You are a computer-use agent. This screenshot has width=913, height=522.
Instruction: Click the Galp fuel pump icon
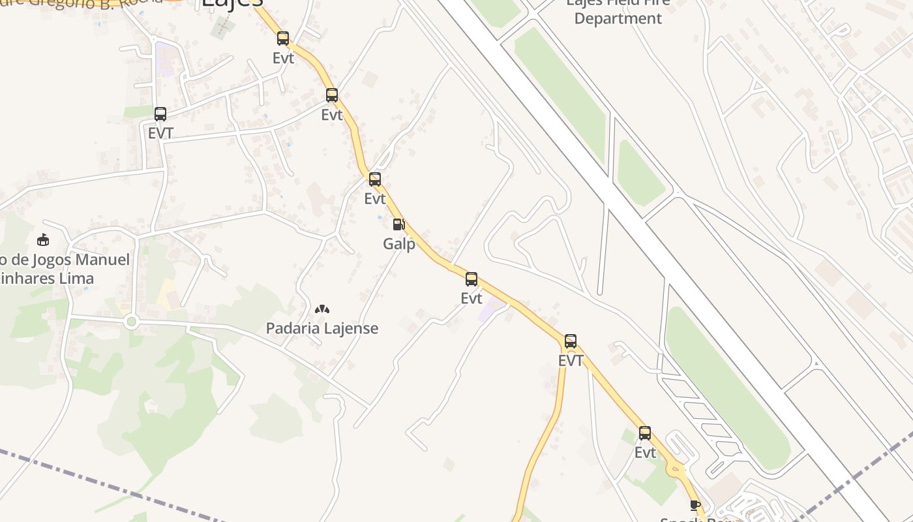398,224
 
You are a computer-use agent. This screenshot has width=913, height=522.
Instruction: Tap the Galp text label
399,245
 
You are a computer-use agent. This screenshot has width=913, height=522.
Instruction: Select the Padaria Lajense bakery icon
322,309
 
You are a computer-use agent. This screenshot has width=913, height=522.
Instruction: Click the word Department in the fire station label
618,18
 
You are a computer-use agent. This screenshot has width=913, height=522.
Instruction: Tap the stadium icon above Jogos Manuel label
43,239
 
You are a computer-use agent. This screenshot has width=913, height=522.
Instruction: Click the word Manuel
103,260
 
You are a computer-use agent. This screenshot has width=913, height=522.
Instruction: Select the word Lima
78,279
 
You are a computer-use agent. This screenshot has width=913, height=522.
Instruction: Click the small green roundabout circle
131,321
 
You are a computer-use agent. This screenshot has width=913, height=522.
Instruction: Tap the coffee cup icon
695,505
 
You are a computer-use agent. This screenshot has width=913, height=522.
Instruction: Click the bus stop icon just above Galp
374,179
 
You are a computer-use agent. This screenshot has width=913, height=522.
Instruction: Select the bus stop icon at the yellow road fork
570,341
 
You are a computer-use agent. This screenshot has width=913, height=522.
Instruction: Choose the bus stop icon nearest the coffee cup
644,433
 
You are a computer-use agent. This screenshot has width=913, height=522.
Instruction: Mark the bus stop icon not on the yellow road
160,114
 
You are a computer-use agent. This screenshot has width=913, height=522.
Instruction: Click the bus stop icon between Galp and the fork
471,279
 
